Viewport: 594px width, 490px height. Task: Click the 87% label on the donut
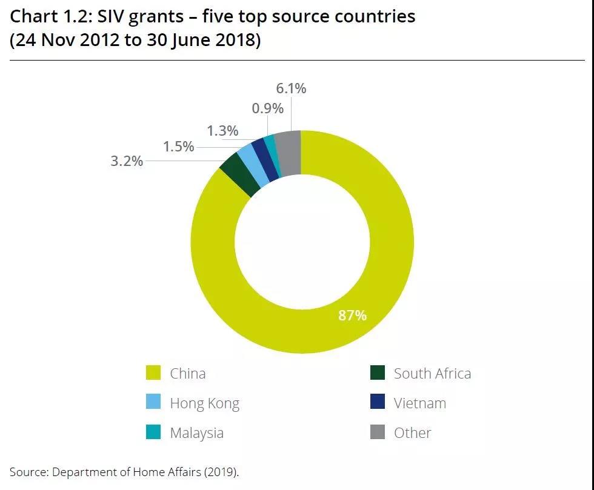[x=352, y=316]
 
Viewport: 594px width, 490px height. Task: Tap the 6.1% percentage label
[x=291, y=88]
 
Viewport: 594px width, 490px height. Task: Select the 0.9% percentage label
[x=267, y=108]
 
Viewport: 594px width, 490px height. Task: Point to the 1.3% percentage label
[x=222, y=131]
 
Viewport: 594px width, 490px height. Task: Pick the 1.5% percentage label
[x=178, y=147]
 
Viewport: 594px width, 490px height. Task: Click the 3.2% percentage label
[x=127, y=161]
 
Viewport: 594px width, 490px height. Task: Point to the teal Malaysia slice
[x=274, y=155]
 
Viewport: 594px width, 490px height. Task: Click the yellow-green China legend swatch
[x=153, y=373]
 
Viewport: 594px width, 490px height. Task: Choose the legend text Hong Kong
[x=204, y=403]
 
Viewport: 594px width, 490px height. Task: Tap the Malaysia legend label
[x=196, y=433]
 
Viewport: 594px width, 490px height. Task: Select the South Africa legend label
[x=432, y=373]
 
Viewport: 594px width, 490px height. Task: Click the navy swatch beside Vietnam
[x=377, y=403]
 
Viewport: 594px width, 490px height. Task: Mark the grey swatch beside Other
[x=377, y=432]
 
